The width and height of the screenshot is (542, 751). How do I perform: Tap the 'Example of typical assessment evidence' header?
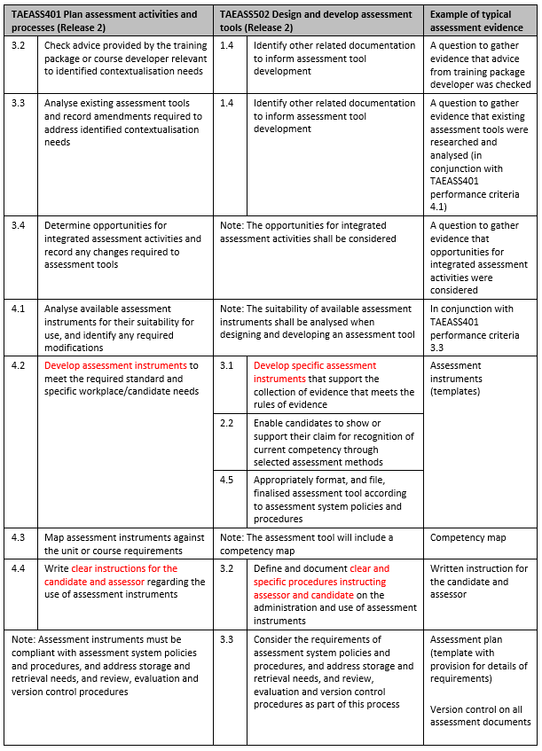480,20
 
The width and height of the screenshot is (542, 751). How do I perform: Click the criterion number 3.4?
19,225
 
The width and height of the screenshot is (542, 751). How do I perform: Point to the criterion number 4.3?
19,537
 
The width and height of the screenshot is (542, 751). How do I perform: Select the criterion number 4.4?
19,568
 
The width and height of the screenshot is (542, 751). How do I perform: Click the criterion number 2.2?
227,423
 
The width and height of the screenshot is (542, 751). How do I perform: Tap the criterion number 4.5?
227,481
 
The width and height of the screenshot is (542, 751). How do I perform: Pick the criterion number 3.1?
227,365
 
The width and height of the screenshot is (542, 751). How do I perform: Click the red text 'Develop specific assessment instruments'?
315,372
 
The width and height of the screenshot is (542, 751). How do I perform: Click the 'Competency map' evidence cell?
462,537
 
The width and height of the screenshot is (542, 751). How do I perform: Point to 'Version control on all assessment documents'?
480,715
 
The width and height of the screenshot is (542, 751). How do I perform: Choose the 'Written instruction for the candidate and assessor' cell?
479,581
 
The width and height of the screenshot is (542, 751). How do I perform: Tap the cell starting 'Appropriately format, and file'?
333,499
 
